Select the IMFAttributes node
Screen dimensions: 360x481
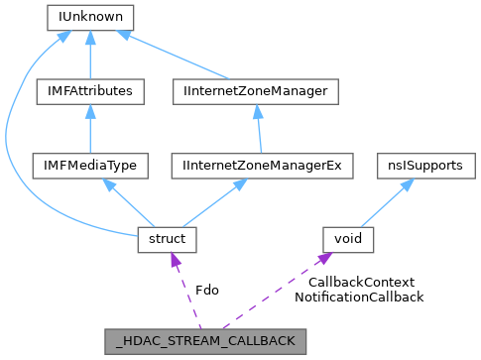[x=90, y=91]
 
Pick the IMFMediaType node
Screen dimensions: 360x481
[x=90, y=166]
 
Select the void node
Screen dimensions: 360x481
[x=348, y=239]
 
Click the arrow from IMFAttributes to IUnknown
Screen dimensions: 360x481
[x=90, y=55]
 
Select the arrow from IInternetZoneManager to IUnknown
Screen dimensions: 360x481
[x=179, y=56]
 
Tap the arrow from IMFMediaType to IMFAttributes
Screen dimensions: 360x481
[x=90, y=129]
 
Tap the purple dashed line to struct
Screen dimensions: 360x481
[x=186, y=290]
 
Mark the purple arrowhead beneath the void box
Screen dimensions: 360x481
[x=322, y=260]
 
